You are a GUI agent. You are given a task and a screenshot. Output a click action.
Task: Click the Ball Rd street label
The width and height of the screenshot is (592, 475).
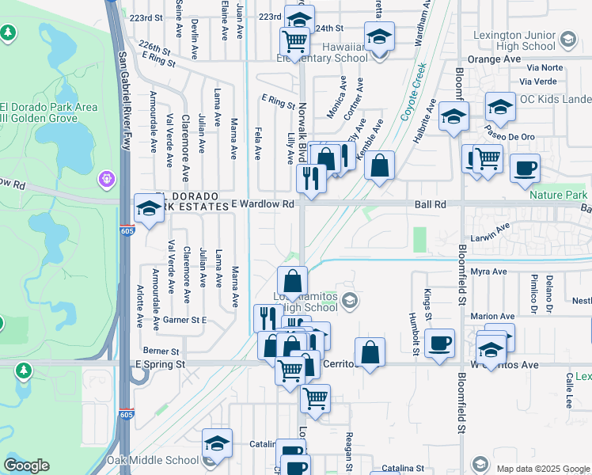tap(431, 204)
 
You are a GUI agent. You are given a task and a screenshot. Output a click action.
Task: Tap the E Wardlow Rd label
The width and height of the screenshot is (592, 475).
tap(263, 204)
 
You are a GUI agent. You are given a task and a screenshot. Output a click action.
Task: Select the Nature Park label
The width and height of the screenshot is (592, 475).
tap(559, 195)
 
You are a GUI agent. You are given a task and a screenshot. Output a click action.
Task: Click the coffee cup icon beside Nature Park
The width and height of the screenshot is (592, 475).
tap(525, 167)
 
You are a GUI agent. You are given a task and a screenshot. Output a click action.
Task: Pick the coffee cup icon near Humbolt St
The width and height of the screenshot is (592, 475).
tap(439, 343)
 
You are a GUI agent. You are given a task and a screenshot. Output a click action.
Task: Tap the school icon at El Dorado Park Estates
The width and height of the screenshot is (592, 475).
tap(149, 208)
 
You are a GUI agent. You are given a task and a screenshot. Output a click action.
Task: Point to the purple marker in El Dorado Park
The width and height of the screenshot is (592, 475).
tap(107, 180)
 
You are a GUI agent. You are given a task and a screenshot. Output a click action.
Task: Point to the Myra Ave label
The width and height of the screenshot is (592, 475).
tap(488, 272)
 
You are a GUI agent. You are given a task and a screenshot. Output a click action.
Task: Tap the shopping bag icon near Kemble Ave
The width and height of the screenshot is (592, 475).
tap(380, 165)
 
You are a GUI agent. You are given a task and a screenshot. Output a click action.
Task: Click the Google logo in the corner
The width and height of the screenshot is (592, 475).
tap(27, 465)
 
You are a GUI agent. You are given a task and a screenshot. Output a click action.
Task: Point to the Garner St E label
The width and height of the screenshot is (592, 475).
tap(184, 320)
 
